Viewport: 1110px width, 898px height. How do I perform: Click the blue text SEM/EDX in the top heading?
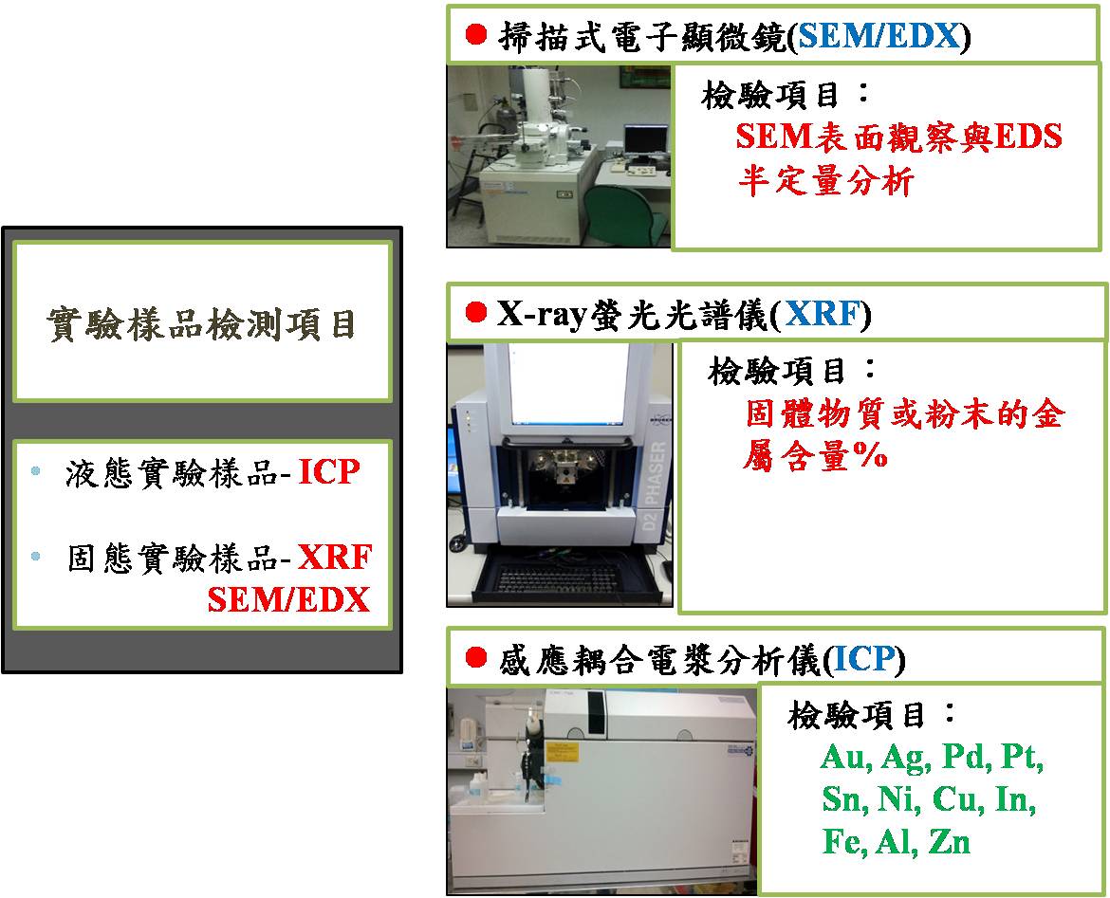[x=879, y=35]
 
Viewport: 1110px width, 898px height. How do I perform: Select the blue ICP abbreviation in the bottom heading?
[x=863, y=660]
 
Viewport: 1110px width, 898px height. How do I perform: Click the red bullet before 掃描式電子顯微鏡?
[x=476, y=34]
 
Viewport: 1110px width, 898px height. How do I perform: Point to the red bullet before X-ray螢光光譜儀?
[x=476, y=312]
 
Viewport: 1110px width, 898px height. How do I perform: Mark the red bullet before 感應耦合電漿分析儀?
[x=476, y=658]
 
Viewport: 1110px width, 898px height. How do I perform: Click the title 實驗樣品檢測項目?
[x=202, y=325]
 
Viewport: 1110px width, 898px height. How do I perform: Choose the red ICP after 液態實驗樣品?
[x=329, y=472]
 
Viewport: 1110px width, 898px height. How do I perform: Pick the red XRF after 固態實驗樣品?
[x=335, y=558]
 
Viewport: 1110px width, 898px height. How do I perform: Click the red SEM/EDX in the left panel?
[x=288, y=600]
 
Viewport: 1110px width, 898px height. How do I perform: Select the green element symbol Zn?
[x=950, y=842]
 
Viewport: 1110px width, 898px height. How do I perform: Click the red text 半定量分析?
[x=826, y=181]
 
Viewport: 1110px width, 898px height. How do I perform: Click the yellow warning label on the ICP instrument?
[x=563, y=752]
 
